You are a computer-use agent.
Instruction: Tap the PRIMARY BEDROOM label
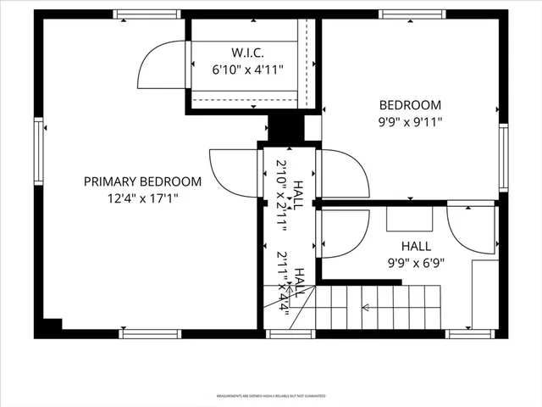tap(142, 181)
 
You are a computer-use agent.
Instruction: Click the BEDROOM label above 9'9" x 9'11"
tap(410, 105)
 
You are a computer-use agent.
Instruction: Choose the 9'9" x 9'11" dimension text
tap(410, 121)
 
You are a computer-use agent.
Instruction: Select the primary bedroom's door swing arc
tap(230, 171)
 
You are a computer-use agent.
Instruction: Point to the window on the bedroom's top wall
tap(412, 14)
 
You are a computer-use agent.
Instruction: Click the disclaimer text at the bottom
tap(270, 395)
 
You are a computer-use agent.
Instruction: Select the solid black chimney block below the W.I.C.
tap(285, 128)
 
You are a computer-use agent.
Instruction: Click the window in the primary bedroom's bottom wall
tap(150, 333)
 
